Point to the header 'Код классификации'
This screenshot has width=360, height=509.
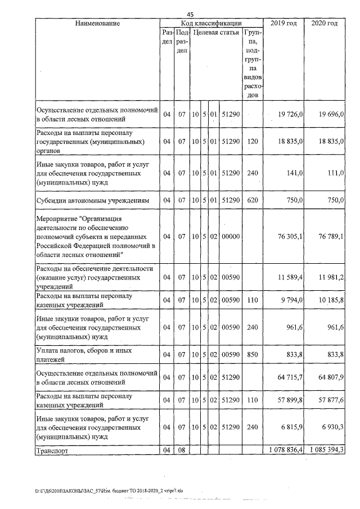coord(211,23)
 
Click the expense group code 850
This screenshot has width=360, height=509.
coord(253,354)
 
